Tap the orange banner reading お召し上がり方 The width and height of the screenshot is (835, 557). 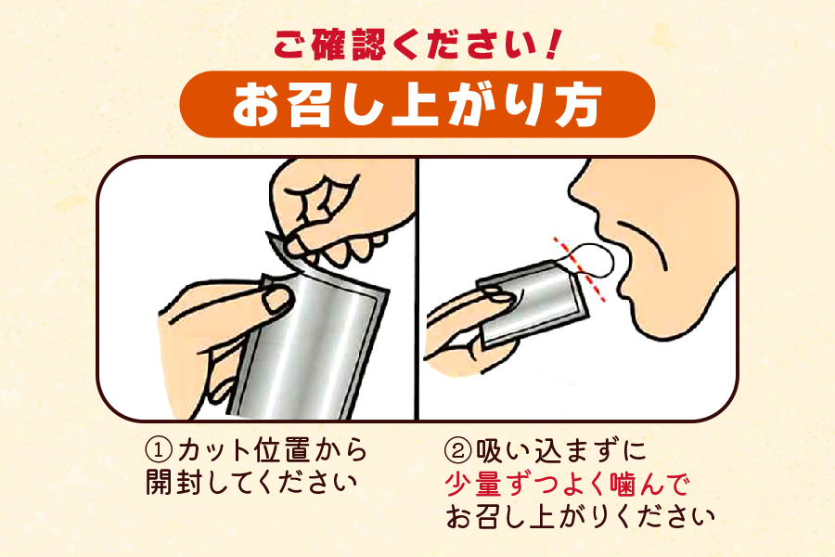pos(417,105)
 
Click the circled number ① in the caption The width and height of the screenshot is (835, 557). pos(160,452)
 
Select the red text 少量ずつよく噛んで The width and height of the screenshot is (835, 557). pos(569,485)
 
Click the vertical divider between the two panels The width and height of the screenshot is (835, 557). pos(417,288)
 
